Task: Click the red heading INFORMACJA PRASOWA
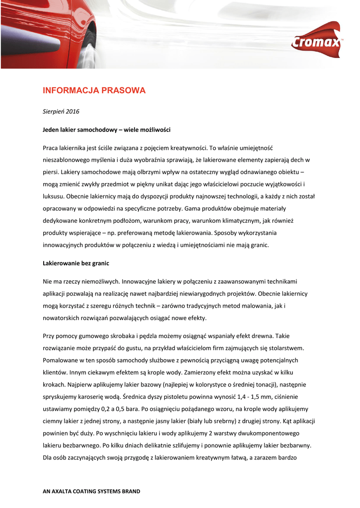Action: (x=94, y=90)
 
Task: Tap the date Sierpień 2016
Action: (x=61, y=112)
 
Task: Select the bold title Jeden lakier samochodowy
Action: (x=107, y=129)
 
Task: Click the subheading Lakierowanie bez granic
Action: (x=76, y=263)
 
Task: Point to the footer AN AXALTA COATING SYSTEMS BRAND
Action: (x=92, y=491)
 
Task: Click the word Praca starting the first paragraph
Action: (x=51, y=148)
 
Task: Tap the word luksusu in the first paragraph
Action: (x=54, y=196)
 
